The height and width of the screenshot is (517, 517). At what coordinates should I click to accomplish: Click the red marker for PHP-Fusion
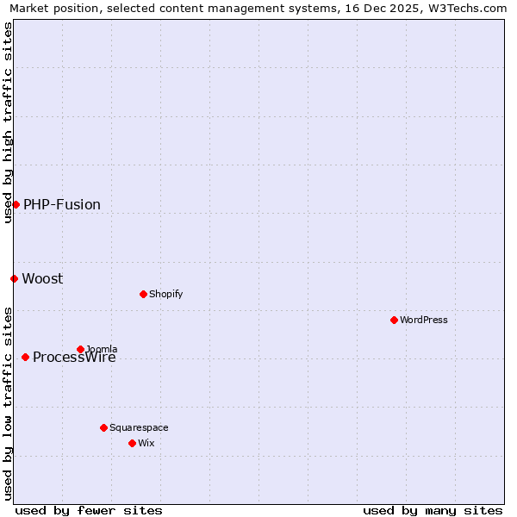pyautogui.click(x=16, y=204)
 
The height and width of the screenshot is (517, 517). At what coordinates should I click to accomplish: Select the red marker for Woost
pyautogui.click(x=14, y=278)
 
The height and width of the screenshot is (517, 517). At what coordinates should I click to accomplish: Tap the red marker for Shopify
pyautogui.click(x=143, y=294)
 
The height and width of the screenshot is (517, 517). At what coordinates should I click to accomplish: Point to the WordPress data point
pyautogui.click(x=394, y=320)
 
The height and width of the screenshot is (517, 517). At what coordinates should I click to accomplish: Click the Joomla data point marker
pyautogui.click(x=80, y=349)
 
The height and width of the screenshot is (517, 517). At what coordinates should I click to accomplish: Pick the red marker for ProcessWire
pyautogui.click(x=25, y=357)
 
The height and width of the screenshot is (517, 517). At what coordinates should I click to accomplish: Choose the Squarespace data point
pyautogui.click(x=103, y=427)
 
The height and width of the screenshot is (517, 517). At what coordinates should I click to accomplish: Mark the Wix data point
pyautogui.click(x=132, y=443)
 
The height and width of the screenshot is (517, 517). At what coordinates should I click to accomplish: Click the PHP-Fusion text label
pyautogui.click(x=62, y=205)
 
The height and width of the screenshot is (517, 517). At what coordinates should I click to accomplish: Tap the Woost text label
pyautogui.click(x=42, y=279)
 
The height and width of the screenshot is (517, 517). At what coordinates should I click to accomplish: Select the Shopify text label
pyautogui.click(x=165, y=295)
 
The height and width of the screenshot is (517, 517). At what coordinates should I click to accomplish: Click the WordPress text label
pyautogui.click(x=424, y=321)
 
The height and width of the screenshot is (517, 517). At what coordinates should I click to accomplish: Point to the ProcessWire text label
pyautogui.click(x=74, y=358)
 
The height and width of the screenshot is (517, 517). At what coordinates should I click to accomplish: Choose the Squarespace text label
pyautogui.click(x=139, y=428)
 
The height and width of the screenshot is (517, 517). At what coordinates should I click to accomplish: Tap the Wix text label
pyautogui.click(x=146, y=444)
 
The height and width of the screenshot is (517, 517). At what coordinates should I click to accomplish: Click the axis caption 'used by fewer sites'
pyautogui.click(x=89, y=510)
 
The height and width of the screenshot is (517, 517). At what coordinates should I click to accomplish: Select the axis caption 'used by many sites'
pyautogui.click(x=433, y=510)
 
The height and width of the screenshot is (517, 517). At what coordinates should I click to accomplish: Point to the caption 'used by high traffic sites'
pyautogui.click(x=8, y=122)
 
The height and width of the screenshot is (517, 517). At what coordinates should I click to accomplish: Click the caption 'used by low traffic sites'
pyautogui.click(x=8, y=403)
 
